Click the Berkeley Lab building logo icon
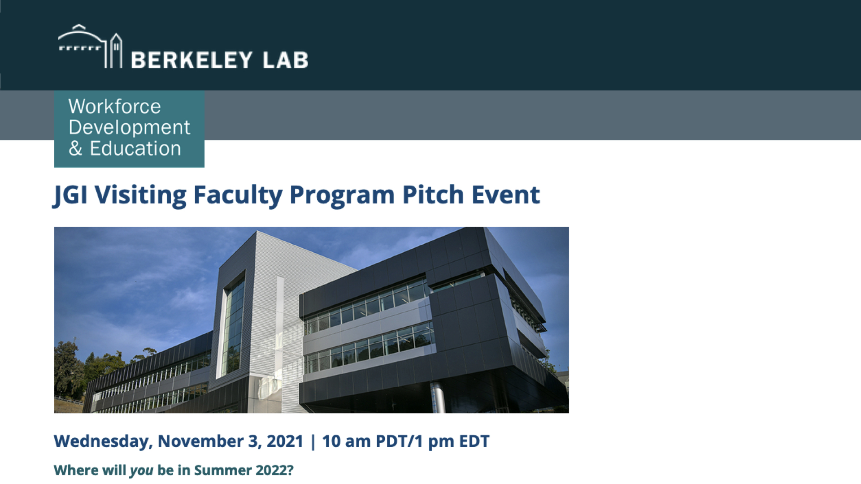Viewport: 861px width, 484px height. click(90, 46)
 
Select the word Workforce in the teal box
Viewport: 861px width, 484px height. click(114, 107)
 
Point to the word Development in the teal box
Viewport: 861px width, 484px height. click(130, 128)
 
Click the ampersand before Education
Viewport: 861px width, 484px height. click(75, 149)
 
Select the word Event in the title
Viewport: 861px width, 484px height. click(505, 195)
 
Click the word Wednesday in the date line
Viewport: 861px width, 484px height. click(103, 442)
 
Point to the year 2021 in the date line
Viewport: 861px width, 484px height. click(285, 441)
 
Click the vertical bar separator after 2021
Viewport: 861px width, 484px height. click(313, 442)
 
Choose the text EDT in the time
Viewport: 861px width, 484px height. click(474, 441)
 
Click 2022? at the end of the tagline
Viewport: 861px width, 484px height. click(274, 470)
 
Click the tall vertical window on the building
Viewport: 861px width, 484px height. click(234, 327)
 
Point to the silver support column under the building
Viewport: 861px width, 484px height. click(437, 398)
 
